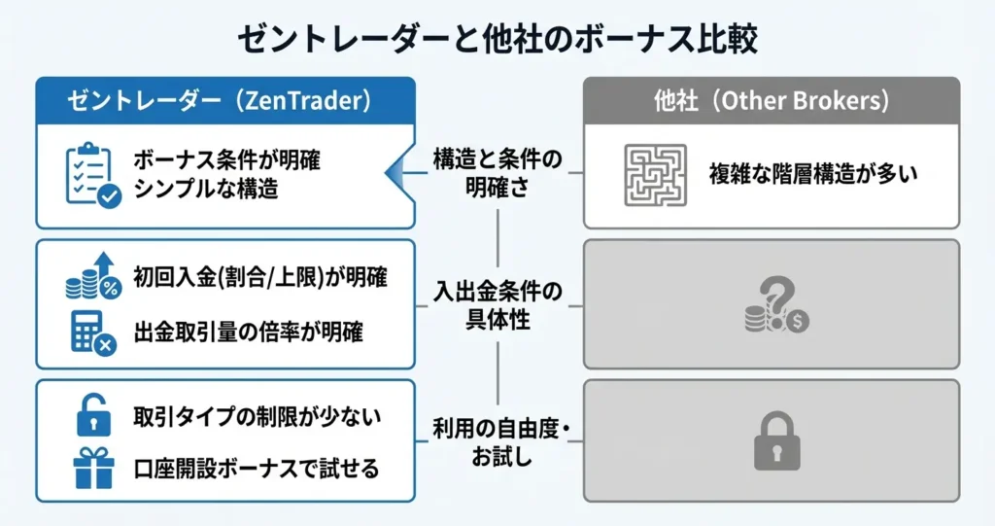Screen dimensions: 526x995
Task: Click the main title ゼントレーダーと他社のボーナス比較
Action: [x=497, y=40]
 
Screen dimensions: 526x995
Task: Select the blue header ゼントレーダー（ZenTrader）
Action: [x=225, y=100]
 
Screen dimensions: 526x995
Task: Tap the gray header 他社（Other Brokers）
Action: [x=771, y=100]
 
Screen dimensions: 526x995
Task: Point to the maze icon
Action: [x=655, y=175]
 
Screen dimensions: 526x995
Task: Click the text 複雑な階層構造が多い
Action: [x=812, y=175]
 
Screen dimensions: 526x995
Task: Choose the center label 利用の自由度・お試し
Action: [x=497, y=439]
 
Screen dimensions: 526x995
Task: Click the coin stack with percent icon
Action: [x=93, y=276]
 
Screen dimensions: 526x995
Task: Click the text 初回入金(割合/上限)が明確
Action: [x=260, y=277]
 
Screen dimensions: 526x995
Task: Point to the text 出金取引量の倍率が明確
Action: [x=248, y=332]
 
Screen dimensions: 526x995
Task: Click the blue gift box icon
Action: [x=93, y=468]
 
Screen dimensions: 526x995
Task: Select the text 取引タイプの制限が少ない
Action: [x=257, y=417]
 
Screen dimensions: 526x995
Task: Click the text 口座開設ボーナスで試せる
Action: [x=257, y=468]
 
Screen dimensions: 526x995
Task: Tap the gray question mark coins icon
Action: [x=774, y=304]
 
